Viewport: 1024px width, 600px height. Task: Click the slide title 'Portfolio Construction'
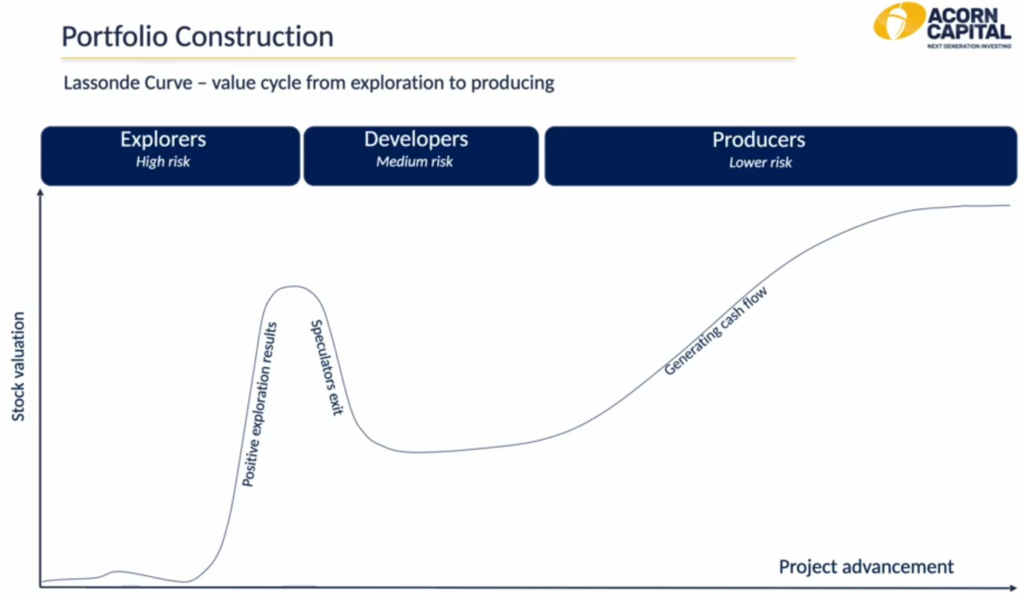[x=197, y=37]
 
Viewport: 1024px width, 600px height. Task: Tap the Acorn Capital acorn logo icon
[x=899, y=21]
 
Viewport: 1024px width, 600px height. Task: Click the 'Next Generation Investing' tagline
[x=969, y=45]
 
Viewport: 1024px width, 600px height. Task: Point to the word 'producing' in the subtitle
[x=512, y=83]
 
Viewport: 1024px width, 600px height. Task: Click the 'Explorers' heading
[x=163, y=139]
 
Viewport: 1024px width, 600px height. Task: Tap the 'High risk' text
[x=163, y=162]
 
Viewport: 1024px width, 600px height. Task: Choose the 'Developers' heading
[x=416, y=139]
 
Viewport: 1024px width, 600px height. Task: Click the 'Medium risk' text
[x=415, y=162]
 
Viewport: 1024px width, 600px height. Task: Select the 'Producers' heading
[x=759, y=139]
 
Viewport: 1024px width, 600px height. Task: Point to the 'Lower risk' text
[x=760, y=162]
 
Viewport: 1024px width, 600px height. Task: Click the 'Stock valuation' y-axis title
[x=18, y=367]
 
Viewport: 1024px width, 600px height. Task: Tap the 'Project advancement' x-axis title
[x=866, y=566]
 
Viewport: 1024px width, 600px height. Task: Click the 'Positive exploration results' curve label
[x=259, y=405]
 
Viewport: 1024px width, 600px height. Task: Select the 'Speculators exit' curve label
[x=326, y=367]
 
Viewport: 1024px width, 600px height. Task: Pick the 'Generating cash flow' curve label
[x=716, y=331]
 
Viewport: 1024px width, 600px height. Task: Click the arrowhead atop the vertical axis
[x=40, y=192]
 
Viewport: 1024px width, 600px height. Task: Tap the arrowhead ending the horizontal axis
[x=1013, y=587]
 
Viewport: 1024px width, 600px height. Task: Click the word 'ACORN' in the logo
[x=963, y=16]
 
